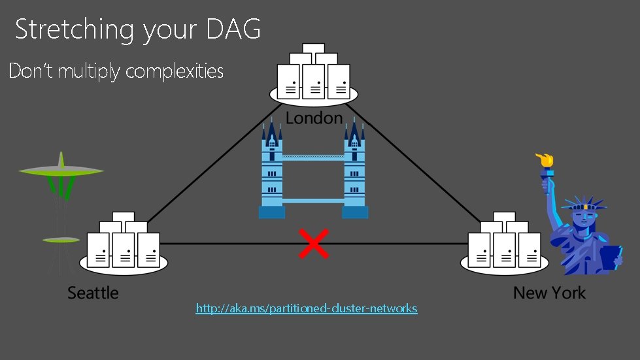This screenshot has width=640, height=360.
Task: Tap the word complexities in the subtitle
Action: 174,71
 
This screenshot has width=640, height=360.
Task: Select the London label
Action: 314,118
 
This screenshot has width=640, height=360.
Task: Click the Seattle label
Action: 93,293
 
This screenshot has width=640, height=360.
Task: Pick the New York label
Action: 549,293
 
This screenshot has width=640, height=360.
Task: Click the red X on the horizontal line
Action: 313,243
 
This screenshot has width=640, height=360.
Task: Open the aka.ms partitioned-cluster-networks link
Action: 306,308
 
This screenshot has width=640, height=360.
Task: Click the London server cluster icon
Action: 313,76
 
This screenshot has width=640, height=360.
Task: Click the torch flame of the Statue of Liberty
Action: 543,159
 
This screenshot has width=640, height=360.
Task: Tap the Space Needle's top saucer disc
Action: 61,171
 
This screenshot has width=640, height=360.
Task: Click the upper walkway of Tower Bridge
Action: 313,157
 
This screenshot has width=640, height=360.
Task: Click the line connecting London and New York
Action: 418,163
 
